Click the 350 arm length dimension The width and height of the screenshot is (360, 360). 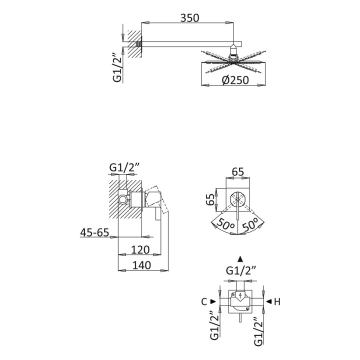point(189,18)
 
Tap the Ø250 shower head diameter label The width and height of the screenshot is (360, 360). point(235,80)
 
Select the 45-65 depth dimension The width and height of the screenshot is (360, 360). point(94,232)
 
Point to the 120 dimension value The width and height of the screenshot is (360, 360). point(140,249)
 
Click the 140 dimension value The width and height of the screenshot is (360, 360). point(141,265)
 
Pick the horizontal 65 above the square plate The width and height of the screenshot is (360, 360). point(238,171)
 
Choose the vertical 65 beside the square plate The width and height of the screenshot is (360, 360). point(210,199)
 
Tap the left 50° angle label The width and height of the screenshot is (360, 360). point(225,223)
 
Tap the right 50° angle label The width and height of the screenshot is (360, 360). point(250,223)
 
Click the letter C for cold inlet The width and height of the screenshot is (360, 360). point(204,301)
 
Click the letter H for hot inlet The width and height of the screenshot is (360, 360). point(277,301)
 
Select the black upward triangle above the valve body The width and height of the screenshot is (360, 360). point(240,259)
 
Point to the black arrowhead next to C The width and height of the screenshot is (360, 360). point(213,301)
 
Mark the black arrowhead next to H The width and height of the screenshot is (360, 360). point(269,301)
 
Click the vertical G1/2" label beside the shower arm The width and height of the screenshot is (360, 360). point(117,67)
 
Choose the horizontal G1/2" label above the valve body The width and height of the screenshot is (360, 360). point(241,271)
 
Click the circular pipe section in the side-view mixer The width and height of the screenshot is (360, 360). point(122,199)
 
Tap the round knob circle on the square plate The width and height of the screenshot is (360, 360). point(238,199)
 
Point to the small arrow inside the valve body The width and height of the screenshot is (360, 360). point(240,295)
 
